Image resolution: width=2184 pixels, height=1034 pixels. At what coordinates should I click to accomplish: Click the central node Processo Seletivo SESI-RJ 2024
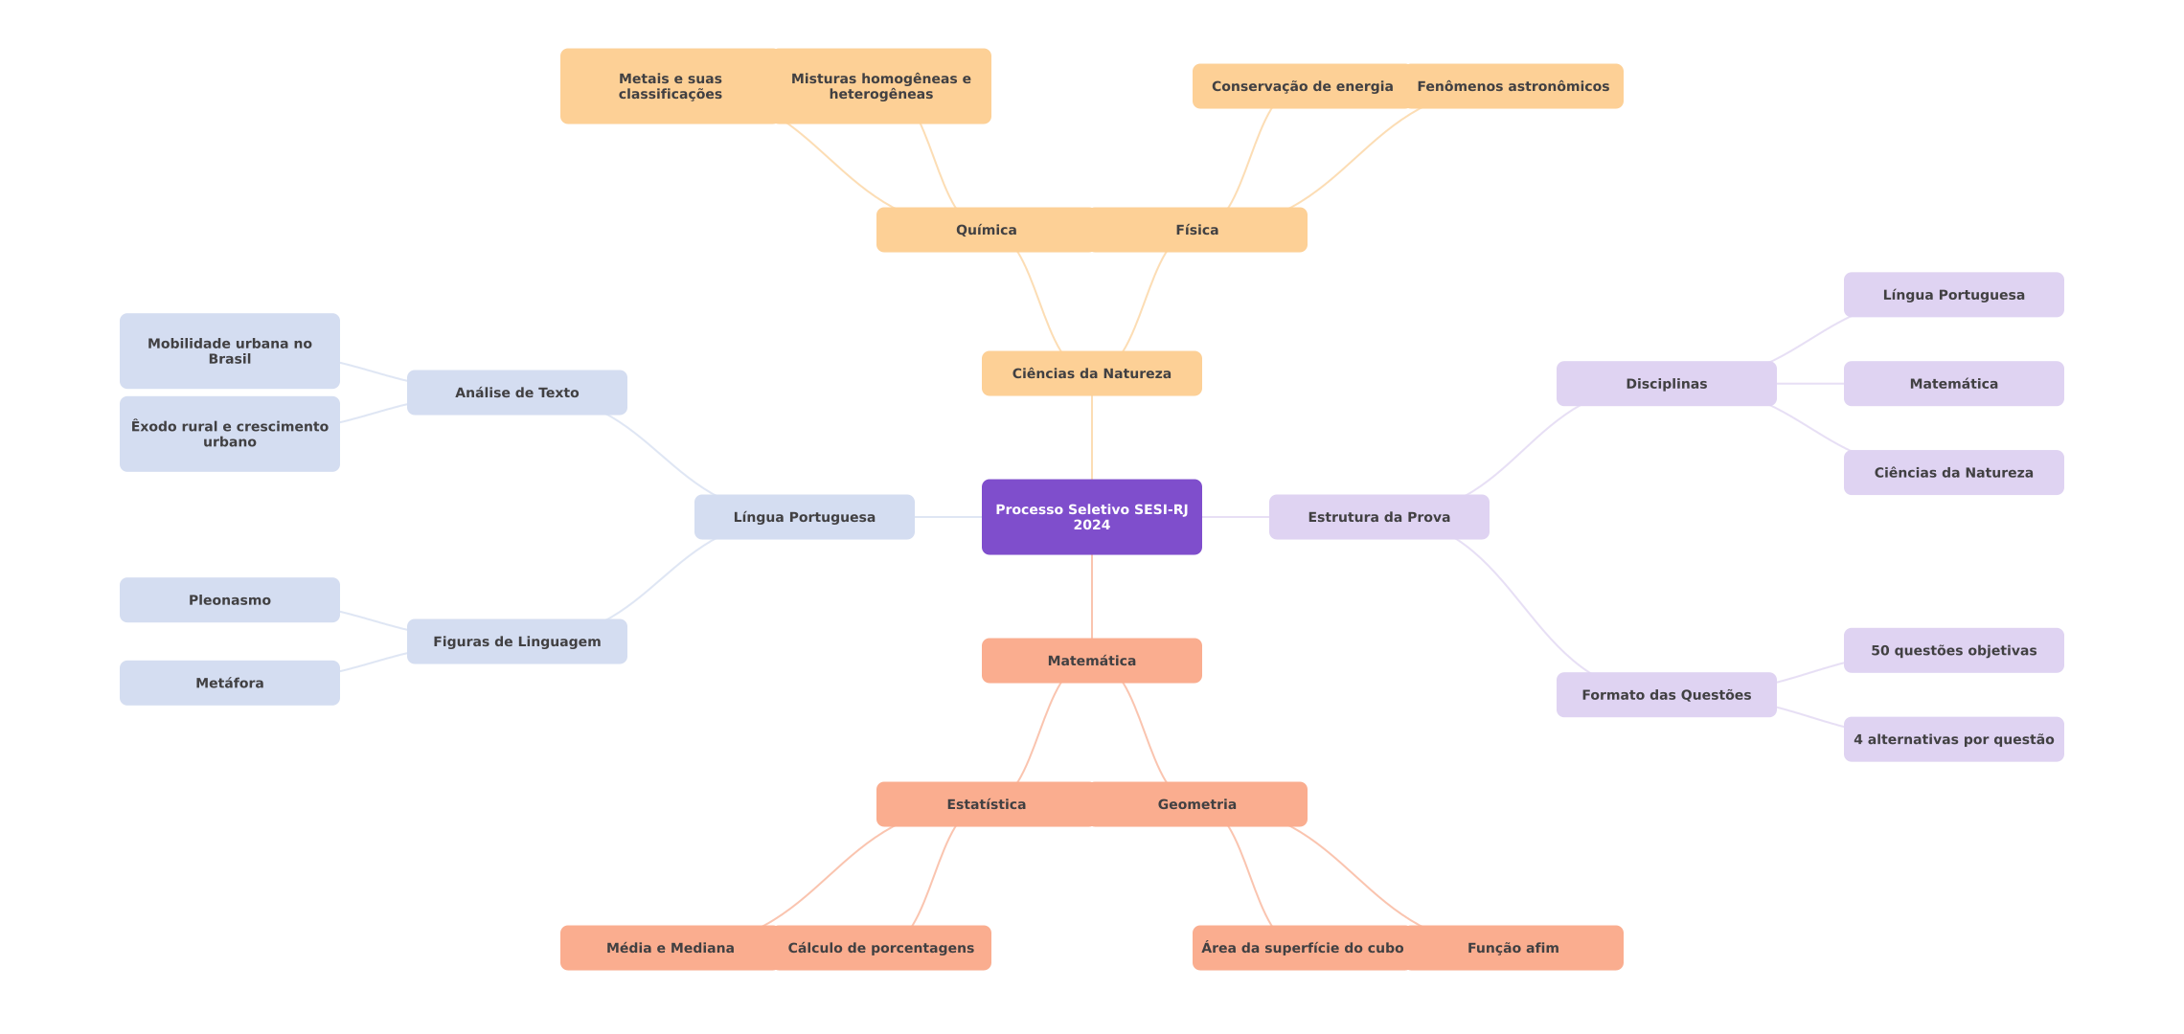1091,517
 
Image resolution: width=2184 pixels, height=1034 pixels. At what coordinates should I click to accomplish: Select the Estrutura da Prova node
1378,517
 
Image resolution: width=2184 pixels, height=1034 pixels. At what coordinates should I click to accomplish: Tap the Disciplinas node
1666,384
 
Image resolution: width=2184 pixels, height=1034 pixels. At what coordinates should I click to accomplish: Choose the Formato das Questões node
1666,695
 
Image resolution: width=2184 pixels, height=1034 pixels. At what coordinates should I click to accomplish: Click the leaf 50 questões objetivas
1953,650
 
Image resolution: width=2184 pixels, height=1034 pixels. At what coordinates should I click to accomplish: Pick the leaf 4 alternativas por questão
1953,739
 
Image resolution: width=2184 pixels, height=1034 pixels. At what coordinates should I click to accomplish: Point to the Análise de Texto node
516,393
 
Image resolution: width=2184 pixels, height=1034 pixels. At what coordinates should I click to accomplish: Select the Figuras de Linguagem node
516,641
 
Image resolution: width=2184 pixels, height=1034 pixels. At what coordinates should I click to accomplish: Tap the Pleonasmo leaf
229,600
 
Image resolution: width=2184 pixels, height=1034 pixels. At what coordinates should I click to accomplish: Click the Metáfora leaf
229,683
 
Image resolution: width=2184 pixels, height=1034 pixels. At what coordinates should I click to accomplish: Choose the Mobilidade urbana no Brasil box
229,351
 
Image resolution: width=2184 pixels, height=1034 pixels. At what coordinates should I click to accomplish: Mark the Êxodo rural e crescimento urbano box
229,434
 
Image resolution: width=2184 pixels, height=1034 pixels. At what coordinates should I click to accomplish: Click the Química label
986,230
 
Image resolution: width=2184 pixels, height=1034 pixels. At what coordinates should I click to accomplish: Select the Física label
1196,230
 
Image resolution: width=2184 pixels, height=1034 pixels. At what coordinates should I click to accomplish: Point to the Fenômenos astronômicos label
1513,86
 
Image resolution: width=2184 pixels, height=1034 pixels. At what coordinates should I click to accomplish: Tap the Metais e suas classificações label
670,86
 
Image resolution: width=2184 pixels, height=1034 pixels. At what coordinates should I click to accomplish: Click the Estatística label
986,804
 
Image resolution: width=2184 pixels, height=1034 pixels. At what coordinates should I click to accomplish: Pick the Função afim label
1513,948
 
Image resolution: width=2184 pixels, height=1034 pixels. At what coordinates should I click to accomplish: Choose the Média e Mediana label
670,948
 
